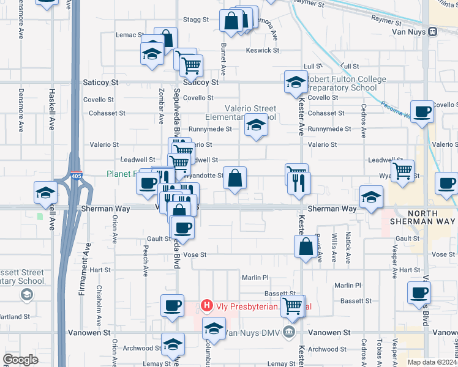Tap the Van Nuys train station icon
pyautogui.click(x=432, y=32)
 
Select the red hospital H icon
pyautogui.click(x=207, y=305)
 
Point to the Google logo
pyautogui.click(x=20, y=360)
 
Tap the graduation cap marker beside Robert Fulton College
pyautogui.click(x=295, y=83)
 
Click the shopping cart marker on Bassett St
pyautogui.click(x=293, y=306)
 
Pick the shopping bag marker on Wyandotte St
pyautogui.click(x=235, y=179)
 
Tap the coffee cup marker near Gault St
pyautogui.click(x=182, y=228)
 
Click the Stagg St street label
pyautogui.click(x=197, y=20)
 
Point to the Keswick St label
pyautogui.click(x=263, y=50)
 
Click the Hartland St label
pyautogui.click(x=15, y=316)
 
